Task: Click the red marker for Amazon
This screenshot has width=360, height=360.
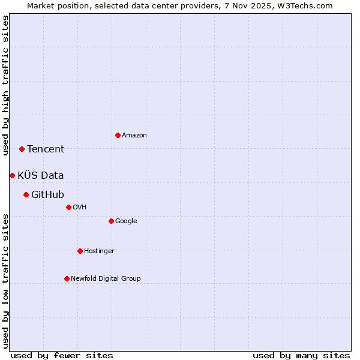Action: (x=118, y=135)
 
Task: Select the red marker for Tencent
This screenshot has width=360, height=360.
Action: (x=22, y=149)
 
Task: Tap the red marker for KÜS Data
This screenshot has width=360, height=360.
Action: (x=12, y=175)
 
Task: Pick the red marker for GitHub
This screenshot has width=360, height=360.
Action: (x=26, y=194)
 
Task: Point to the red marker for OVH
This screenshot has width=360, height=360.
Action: (x=68, y=207)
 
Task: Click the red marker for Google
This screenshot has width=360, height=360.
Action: (x=111, y=221)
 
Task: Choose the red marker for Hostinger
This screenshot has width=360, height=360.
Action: (x=80, y=251)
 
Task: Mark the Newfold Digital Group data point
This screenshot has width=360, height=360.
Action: (x=67, y=278)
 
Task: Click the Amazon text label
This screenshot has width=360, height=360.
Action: (x=134, y=136)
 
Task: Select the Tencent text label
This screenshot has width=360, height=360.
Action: (x=46, y=149)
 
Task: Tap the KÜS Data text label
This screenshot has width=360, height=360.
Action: (x=41, y=176)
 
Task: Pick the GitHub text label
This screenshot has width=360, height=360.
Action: (x=47, y=195)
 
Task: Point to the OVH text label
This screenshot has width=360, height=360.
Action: (x=80, y=208)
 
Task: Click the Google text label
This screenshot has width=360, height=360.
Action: (x=126, y=221)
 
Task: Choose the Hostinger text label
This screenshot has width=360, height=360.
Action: (x=99, y=251)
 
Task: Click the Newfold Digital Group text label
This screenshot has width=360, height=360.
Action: (x=106, y=279)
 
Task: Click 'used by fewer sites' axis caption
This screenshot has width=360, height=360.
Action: (x=62, y=355)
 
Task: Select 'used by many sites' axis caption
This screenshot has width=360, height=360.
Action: (x=301, y=355)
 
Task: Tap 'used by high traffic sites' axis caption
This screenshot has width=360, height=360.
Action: (x=5, y=85)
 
